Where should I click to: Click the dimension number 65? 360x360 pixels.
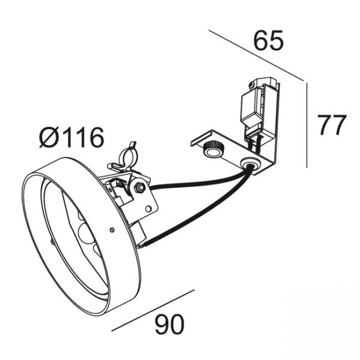tap(268, 41)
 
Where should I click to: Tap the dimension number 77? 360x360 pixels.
tap(331, 125)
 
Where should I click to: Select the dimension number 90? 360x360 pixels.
tap(169, 324)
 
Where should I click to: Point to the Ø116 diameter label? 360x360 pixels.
tap(71, 137)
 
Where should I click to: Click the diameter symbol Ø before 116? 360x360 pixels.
tap(49, 137)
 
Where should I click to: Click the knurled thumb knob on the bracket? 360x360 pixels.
tap(212, 149)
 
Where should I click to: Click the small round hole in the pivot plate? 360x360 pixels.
tap(149, 209)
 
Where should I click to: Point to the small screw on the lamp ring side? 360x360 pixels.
tap(112, 229)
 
